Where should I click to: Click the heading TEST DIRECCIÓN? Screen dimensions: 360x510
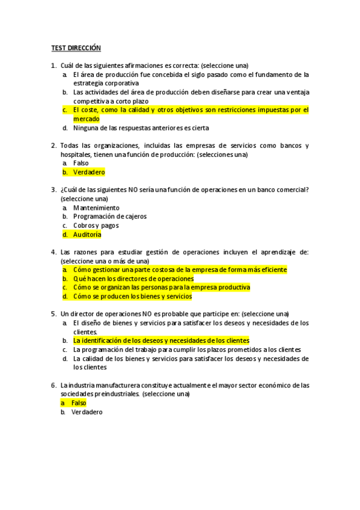coord(75,48)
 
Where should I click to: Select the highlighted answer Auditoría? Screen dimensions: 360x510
coord(87,235)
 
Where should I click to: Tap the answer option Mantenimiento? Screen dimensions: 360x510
coord(96,207)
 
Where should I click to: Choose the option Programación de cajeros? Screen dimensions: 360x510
coord(109,217)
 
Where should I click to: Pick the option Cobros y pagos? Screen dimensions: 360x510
coord(96,226)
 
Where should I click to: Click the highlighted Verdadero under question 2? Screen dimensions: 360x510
coord(89,172)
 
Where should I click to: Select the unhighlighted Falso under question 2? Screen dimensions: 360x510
coord(81,163)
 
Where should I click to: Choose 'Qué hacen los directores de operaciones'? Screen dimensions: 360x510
coord(133,279)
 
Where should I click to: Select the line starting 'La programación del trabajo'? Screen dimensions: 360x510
coord(187,349)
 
